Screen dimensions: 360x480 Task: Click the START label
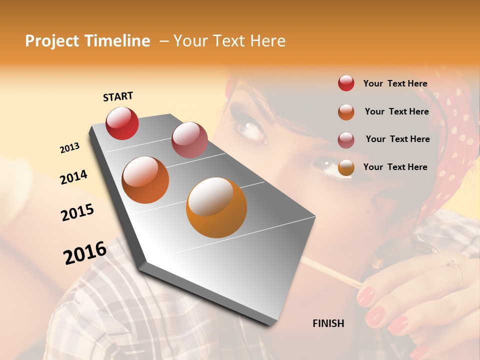click(118, 96)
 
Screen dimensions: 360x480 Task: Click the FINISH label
click(328, 323)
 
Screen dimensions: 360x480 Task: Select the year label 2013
click(69, 148)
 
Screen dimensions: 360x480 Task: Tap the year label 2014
click(73, 177)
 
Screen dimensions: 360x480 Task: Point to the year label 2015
click(77, 212)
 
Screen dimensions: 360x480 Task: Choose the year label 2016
click(85, 252)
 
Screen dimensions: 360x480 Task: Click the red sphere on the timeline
click(122, 123)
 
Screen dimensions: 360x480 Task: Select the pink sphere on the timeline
click(189, 140)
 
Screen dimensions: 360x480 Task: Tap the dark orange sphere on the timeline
click(145, 180)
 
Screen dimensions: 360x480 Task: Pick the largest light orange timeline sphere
click(216, 207)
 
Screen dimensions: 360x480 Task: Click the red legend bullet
click(346, 83)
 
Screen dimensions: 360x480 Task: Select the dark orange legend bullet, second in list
click(346, 112)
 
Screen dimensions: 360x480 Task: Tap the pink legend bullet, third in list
click(346, 139)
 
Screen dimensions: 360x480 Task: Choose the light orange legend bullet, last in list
click(346, 167)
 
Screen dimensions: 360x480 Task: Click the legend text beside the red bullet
click(395, 83)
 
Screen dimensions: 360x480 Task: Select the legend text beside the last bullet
click(395, 167)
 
